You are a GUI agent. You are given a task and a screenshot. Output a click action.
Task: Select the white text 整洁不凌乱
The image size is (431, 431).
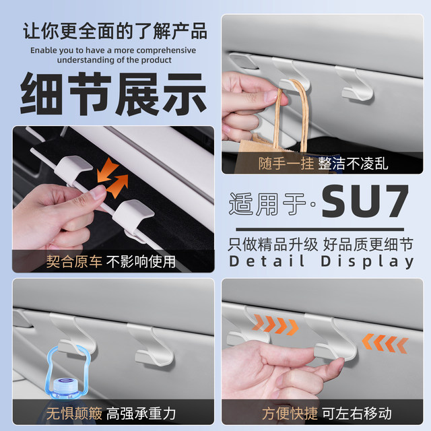tap(354, 163)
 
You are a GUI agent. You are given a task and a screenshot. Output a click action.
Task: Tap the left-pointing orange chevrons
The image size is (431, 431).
tap(385, 343)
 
